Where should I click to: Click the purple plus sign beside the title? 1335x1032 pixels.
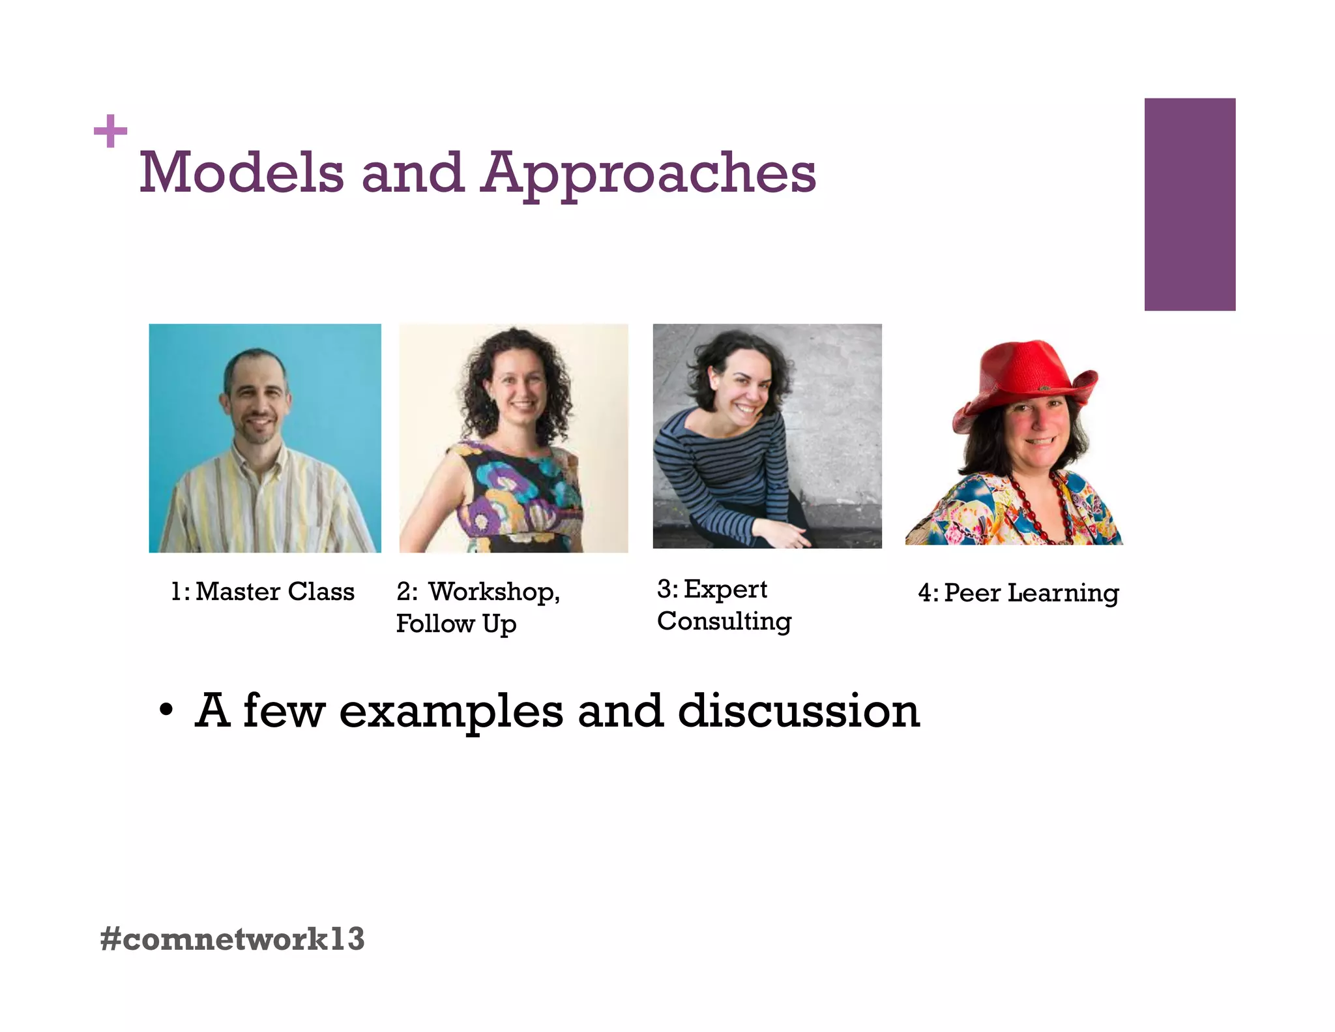point(110,131)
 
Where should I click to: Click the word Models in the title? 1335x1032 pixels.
point(241,173)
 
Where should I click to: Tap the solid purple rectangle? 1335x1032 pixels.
point(1190,204)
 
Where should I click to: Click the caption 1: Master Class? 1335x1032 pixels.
point(263,592)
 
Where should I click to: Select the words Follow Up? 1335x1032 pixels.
point(456,624)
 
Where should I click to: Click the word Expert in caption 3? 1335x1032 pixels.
point(725,589)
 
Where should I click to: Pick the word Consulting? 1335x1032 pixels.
point(724,622)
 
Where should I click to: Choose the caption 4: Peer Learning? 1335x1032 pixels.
point(1018,593)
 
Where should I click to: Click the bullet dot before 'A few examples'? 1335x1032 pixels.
point(166,710)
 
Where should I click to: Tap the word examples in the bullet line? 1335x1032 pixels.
point(451,712)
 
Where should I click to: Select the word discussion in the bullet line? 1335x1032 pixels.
point(799,710)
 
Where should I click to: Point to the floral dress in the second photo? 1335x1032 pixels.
point(515,496)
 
